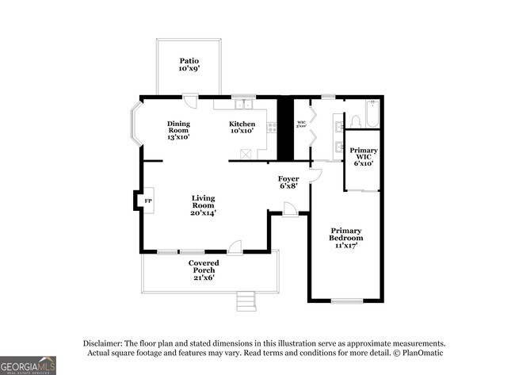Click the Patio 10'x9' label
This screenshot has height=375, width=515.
pyautogui.click(x=188, y=64)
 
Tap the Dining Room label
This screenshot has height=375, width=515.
pyautogui.click(x=177, y=130)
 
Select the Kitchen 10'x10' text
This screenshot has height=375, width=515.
pyautogui.click(x=242, y=128)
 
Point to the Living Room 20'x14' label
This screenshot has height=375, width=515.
pyautogui.click(x=203, y=205)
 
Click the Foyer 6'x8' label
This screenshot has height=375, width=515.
pyautogui.click(x=288, y=182)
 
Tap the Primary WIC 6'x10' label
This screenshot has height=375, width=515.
pyautogui.click(x=364, y=156)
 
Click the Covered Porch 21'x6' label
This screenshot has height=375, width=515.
pyautogui.click(x=204, y=270)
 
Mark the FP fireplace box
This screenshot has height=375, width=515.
pyautogui.click(x=147, y=201)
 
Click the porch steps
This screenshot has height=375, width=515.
pyautogui.click(x=246, y=301)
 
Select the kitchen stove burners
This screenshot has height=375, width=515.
pyautogui.click(x=272, y=127)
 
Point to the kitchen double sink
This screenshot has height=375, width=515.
pyautogui.click(x=243, y=105)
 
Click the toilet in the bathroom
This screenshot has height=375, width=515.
pyautogui.click(x=356, y=122)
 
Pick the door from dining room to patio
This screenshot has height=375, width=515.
pyautogui.click(x=190, y=101)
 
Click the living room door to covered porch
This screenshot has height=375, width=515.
pyautogui.click(x=235, y=248)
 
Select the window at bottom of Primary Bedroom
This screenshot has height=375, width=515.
pyautogui.click(x=345, y=300)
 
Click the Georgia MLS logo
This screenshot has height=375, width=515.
pyautogui.click(x=29, y=365)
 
